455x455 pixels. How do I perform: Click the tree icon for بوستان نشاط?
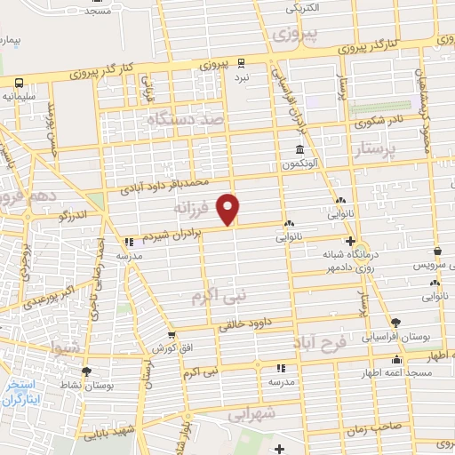[86, 371]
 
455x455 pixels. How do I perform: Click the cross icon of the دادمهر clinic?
[350, 241]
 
